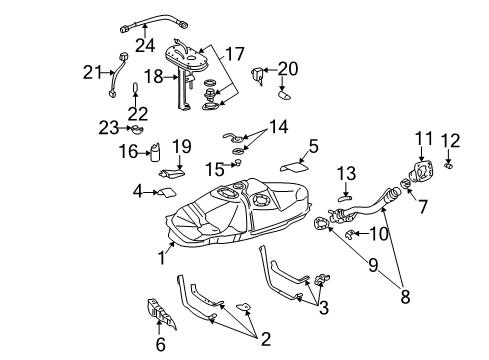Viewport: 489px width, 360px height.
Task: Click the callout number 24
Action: click(146, 45)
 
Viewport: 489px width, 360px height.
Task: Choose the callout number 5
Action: click(313, 146)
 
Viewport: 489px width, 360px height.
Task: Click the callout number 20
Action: click(289, 68)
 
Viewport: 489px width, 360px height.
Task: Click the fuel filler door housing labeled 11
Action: click(423, 172)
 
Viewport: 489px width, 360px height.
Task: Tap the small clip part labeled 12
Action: click(449, 162)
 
